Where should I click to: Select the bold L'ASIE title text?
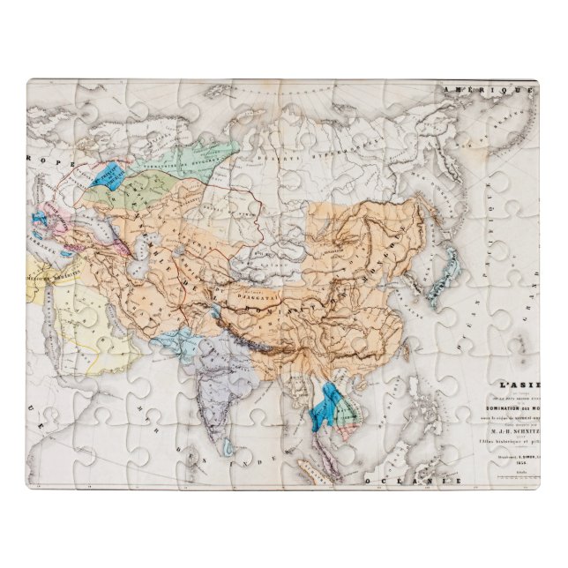point(519,385)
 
